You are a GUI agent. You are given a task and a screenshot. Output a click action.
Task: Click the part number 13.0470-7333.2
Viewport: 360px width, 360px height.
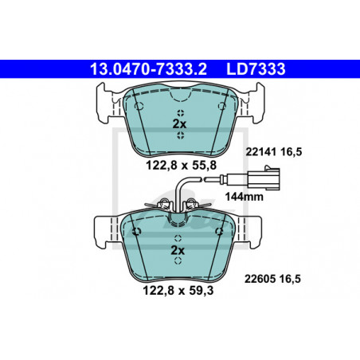(x=148, y=69)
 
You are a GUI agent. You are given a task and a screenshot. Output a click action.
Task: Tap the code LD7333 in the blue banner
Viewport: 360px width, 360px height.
(x=256, y=69)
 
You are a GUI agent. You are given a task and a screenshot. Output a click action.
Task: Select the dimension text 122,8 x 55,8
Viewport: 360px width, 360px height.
(x=182, y=166)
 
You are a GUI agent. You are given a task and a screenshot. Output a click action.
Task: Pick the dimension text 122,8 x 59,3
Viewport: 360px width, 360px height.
(x=178, y=291)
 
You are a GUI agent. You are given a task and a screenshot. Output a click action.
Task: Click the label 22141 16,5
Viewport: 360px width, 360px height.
(x=274, y=152)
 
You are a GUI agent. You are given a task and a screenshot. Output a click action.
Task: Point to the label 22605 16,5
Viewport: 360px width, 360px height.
(x=272, y=279)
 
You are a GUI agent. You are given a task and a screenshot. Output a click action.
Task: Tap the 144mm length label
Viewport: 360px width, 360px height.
(x=244, y=197)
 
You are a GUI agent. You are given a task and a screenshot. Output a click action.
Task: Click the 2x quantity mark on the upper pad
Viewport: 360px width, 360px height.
(x=179, y=124)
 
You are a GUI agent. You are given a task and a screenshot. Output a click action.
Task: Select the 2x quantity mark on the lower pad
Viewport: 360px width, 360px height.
(x=178, y=250)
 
